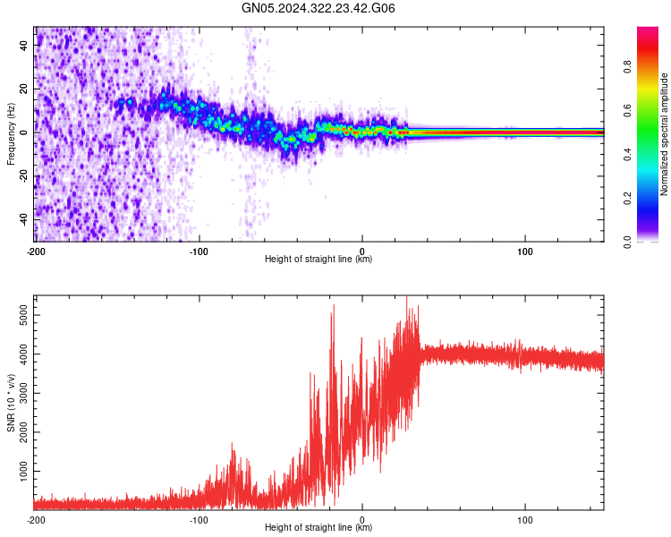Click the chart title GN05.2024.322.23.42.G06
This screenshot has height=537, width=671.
coord(319,8)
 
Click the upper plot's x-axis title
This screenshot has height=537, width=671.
coord(319,260)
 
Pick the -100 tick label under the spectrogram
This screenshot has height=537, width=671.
coord(198,251)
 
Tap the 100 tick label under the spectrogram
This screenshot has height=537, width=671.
coord(525,251)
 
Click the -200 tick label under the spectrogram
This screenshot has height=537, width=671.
coord(36,251)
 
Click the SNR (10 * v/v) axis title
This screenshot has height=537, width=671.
coord(11,403)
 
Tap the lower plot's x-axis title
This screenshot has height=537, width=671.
coord(319,528)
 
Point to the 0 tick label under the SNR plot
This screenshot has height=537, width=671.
coord(362,519)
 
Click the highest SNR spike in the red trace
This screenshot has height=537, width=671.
coord(406,298)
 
